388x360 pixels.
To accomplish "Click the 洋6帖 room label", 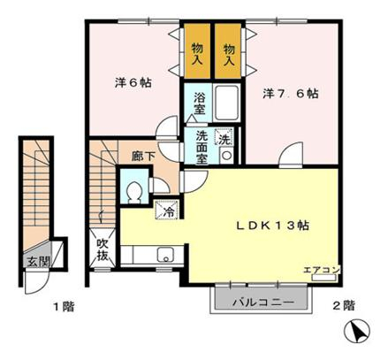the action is click(x=133, y=82).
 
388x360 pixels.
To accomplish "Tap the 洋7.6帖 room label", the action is click(x=290, y=94).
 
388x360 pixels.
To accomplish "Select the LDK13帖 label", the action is click(x=273, y=226).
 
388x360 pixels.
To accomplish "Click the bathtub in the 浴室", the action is click(x=226, y=103).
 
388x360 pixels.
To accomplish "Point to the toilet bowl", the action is click(x=134, y=192).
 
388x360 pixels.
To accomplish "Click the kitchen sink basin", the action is click(x=166, y=255).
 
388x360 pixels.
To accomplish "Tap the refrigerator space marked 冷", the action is click(x=167, y=210).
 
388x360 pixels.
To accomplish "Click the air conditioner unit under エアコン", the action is click(x=323, y=278).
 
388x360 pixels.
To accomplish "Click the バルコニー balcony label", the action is click(x=263, y=303).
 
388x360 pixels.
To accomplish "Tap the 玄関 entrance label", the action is click(x=38, y=262).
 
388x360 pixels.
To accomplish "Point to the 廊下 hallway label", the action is click(x=143, y=156).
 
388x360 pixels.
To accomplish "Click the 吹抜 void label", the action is click(x=103, y=249).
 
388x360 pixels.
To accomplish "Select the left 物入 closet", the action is click(x=197, y=51).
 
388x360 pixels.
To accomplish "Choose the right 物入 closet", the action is click(x=228, y=51).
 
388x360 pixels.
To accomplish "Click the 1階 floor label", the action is click(x=64, y=307).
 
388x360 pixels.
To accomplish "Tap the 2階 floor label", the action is click(x=344, y=305).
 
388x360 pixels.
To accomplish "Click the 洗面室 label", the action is click(x=202, y=148).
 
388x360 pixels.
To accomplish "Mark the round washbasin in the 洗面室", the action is click(x=226, y=155).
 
